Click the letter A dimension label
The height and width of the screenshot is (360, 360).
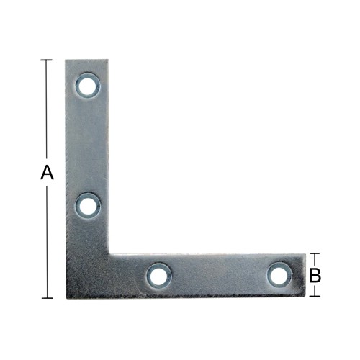(47, 172)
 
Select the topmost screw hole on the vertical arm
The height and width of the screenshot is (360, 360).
(88, 86)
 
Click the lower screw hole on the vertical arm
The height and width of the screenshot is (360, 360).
(88, 207)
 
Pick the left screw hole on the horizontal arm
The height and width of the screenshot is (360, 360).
(158, 276)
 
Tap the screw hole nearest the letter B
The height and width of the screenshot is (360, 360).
(280, 275)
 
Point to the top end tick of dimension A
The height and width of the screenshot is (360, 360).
(46, 60)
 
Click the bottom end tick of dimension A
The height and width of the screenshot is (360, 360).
(47, 298)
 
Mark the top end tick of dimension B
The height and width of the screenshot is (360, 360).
(315, 253)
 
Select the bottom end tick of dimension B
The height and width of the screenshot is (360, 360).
(315, 296)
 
